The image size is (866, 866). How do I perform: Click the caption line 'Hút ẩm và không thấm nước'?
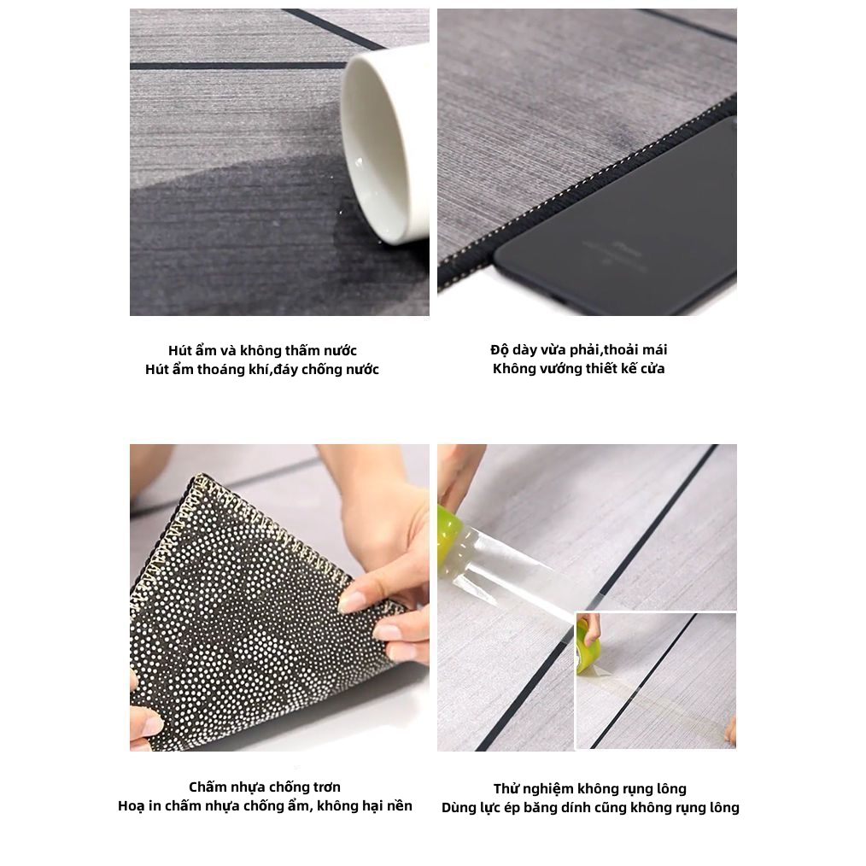(x=262, y=350)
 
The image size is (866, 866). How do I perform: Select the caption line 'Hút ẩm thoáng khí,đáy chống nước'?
(x=262, y=369)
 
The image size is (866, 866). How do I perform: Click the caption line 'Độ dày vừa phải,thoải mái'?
(x=579, y=349)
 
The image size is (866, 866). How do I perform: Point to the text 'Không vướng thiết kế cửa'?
(x=579, y=368)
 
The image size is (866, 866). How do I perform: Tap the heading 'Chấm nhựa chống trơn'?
(x=265, y=787)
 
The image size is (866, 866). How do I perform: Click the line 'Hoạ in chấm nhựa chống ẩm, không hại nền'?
(x=265, y=805)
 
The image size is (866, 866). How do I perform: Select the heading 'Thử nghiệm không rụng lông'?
(x=590, y=788)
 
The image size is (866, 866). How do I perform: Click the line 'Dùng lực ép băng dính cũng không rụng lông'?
(x=590, y=807)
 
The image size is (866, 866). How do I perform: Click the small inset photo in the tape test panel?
(x=656, y=682)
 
